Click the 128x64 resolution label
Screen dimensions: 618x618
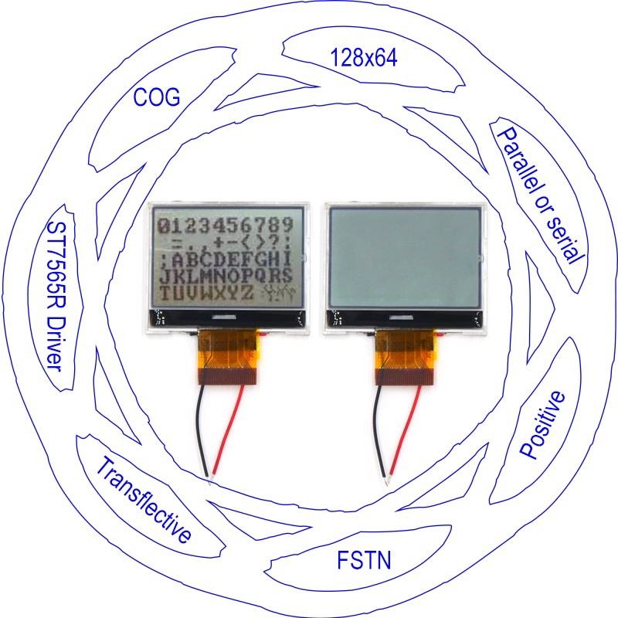pyautogui.click(x=363, y=57)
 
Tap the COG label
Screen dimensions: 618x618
pyautogui.click(x=157, y=97)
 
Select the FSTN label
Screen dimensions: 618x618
pyautogui.click(x=364, y=560)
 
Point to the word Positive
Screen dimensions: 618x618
pyautogui.click(x=542, y=425)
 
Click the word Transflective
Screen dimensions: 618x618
pyautogui.click(x=144, y=499)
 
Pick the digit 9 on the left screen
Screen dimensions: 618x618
pyautogui.click(x=287, y=225)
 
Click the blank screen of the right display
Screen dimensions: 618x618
pyautogui.click(x=405, y=257)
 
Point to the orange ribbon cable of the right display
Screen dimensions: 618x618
pyautogui.click(x=406, y=357)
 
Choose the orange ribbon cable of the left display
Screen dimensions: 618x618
pyautogui.click(x=229, y=357)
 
